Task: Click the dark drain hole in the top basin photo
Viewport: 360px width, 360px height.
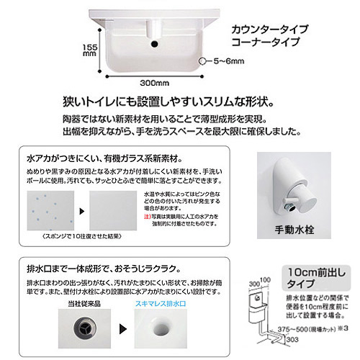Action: coord(153,45)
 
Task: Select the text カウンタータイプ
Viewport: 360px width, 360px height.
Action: coord(269,30)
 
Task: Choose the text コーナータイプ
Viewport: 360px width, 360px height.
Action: coord(264,42)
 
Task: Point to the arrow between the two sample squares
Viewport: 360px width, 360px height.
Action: coord(80,210)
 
